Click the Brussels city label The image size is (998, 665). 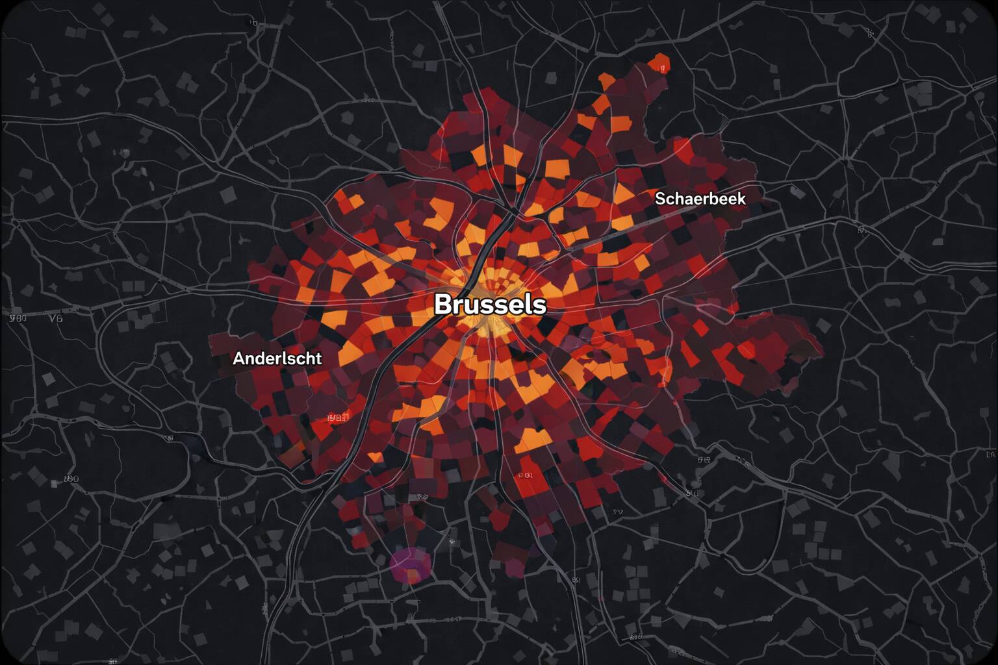(x=490, y=304)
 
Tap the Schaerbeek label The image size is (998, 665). (x=700, y=199)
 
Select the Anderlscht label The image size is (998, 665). (x=277, y=358)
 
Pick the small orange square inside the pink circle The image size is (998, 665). (x=413, y=573)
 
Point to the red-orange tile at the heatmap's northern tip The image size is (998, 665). (x=660, y=64)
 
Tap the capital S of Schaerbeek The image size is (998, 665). (x=659, y=199)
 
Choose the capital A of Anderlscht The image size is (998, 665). (x=238, y=358)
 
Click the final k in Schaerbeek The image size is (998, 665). (x=741, y=199)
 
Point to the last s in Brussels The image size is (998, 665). (x=539, y=305)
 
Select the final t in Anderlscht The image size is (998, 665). (x=318, y=358)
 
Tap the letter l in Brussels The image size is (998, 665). (x=526, y=303)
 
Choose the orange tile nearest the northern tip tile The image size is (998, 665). (x=607, y=81)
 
